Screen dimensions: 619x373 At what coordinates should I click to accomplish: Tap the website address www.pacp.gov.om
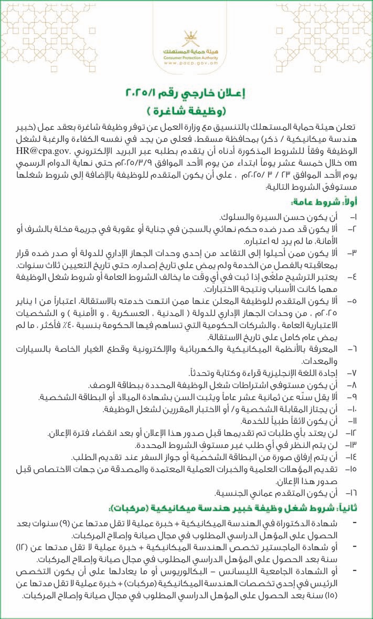point(187,63)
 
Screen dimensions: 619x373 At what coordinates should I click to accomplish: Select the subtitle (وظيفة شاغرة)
point(187,112)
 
